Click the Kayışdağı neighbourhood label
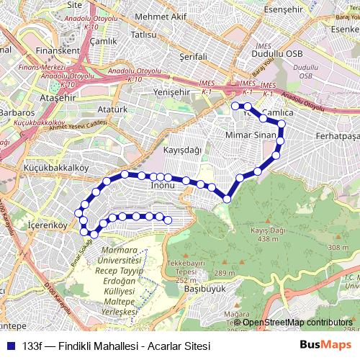click(x=182, y=149)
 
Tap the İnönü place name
click(x=163, y=186)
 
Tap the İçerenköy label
click(x=46, y=225)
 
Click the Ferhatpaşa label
click(x=337, y=135)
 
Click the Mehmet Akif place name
click(x=160, y=17)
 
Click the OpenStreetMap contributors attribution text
click(x=297, y=322)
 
